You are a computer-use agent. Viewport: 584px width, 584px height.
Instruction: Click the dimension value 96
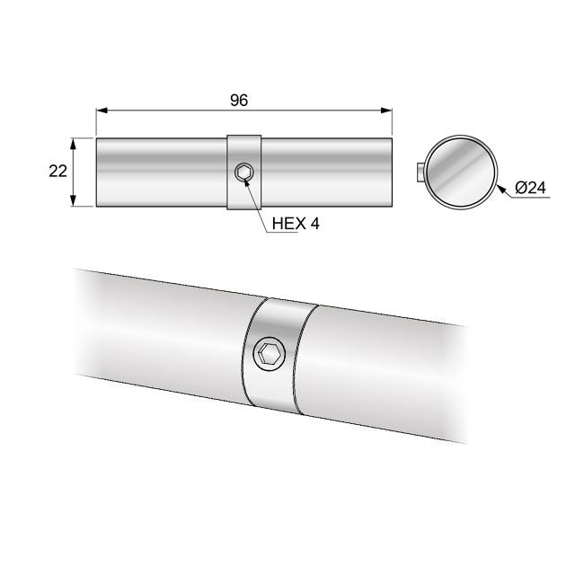point(238,100)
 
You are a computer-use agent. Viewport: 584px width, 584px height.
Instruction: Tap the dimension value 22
point(58,172)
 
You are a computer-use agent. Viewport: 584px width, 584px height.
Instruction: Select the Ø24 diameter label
point(531,188)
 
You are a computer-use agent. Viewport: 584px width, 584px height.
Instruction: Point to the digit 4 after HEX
point(314,224)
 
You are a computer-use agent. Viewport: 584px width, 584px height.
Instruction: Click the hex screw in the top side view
point(243,173)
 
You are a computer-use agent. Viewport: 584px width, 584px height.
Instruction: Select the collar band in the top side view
point(243,148)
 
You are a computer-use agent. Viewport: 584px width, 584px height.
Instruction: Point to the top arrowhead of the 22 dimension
point(75,142)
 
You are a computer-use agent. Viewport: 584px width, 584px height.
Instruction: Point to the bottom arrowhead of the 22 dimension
point(75,202)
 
